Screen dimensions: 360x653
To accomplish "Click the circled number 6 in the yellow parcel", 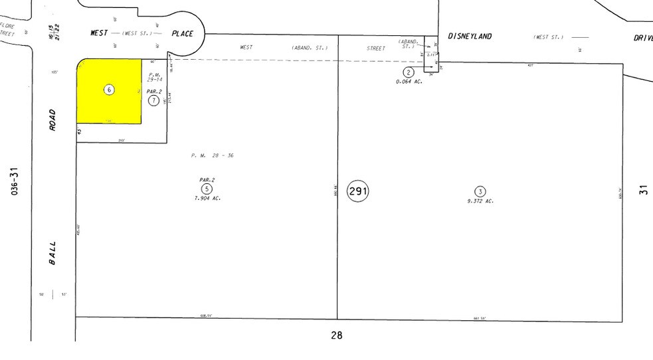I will coord(110,90).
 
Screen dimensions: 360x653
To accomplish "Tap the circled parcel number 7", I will coord(153,100).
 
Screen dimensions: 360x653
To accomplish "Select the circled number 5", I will coord(207,189).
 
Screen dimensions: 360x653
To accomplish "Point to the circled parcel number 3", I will coord(480,192).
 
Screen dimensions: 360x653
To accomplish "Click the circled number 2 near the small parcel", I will coord(409,72).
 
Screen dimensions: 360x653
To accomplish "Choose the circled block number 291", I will coord(358,192).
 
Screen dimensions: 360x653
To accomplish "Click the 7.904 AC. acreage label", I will coord(207,198).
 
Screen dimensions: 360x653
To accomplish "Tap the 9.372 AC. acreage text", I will coord(480,201).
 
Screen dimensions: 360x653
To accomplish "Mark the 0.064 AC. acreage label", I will coord(410,81).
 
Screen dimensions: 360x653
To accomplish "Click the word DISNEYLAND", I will coord(470,37).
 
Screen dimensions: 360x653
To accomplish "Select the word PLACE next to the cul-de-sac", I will coord(182,33).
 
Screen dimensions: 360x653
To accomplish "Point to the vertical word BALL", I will coord(52,253).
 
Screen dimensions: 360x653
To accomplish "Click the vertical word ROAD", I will coord(52,120).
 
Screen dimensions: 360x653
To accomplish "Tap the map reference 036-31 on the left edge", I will coord(15,181).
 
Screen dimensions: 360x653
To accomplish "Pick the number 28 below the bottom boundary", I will coord(337,335).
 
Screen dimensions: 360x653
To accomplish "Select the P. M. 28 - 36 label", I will coord(213,155).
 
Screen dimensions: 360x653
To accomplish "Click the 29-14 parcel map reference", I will coord(154,80).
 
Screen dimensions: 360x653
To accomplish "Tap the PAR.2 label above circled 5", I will coord(207,180).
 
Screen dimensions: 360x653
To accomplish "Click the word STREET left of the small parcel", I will coord(376,48).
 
